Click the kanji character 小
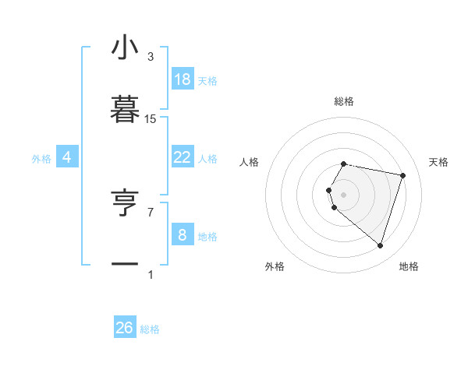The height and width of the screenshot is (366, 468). click(125, 48)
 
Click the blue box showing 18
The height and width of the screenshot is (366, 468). click(183, 79)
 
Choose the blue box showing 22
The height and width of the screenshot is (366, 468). click(183, 157)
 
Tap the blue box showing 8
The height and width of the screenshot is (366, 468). click(183, 234)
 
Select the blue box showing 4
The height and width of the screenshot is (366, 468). click(67, 157)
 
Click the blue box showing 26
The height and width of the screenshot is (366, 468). click(125, 328)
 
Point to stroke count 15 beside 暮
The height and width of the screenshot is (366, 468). click(151, 119)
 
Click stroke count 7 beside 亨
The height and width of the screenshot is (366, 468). click(151, 211)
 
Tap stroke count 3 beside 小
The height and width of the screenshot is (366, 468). click(151, 57)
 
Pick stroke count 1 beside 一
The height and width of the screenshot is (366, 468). click(151, 274)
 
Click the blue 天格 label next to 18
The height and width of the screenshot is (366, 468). click(207, 80)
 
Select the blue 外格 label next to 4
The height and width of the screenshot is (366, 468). click(41, 158)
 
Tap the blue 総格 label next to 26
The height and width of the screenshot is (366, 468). click(150, 329)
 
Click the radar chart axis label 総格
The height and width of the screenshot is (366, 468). click(344, 101)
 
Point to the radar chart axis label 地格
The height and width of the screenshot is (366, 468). click(409, 266)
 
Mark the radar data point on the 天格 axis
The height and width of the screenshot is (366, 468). click(402, 175)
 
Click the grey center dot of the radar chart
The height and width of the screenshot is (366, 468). click(344, 194)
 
